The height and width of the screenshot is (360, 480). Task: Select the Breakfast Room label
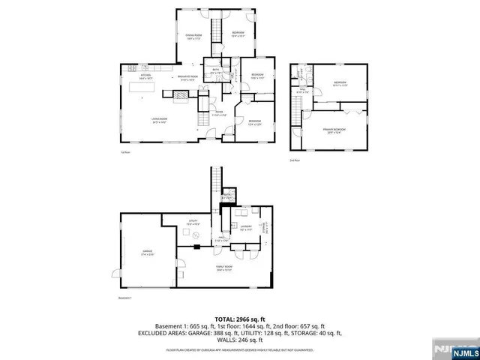pyautogui.click(x=187, y=77)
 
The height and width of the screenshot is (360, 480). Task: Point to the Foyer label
pyautogui.click(x=218, y=115)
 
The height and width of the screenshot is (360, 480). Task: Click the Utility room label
pyautogui.click(x=192, y=222)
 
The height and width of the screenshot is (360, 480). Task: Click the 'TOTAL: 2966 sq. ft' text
pyautogui.click(x=239, y=319)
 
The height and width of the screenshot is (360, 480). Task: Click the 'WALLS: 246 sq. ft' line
pyautogui.click(x=239, y=339)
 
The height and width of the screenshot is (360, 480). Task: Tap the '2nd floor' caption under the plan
pyautogui.click(x=295, y=159)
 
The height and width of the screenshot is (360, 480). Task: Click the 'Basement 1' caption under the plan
pyautogui.click(x=125, y=298)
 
